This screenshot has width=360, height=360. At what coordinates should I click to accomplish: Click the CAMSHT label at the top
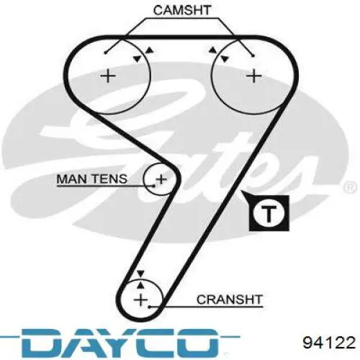pyautogui.click(x=182, y=10)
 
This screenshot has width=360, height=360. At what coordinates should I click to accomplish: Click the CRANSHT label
pyautogui.click(x=229, y=300)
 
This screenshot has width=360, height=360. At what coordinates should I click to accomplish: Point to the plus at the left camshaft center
pyautogui.click(x=108, y=76)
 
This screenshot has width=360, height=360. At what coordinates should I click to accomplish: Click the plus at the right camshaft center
pyautogui.click(x=253, y=76)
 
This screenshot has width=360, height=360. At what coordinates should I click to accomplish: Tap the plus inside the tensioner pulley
pyautogui.click(x=161, y=179)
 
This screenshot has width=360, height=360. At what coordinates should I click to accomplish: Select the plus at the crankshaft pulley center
pyautogui.click(x=140, y=300)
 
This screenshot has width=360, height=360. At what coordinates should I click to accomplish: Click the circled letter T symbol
pyautogui.click(x=269, y=213)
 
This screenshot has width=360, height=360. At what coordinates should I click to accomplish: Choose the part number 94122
pyautogui.click(x=329, y=343)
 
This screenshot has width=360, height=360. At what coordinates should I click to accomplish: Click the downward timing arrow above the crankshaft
pyautogui.click(x=140, y=274)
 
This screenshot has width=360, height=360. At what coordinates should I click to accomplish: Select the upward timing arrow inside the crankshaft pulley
pyautogui.click(x=141, y=284)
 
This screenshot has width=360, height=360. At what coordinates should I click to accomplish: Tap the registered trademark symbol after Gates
pyautogui.click(x=350, y=188)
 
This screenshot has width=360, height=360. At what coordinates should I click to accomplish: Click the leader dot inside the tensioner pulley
pyautogui.click(x=154, y=186)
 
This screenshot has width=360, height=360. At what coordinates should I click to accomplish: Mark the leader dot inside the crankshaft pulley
pyautogui.click(x=149, y=307)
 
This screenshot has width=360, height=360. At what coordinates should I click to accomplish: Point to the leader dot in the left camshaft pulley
pyautogui.click(x=105, y=53)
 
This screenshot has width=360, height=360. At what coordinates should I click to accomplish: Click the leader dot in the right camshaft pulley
pyautogui.click(x=253, y=56)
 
